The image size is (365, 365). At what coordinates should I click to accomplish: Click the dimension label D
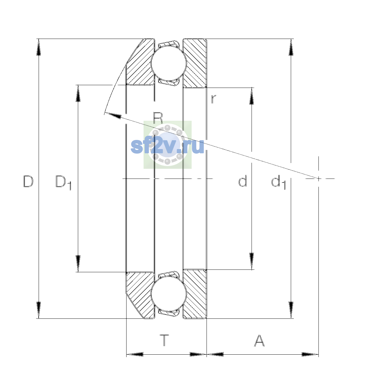(x=28, y=181)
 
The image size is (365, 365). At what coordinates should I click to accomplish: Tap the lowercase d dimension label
(x=242, y=181)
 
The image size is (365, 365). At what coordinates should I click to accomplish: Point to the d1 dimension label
(x=278, y=182)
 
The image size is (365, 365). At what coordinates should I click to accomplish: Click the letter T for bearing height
(x=164, y=340)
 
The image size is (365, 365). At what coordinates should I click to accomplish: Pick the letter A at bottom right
(x=259, y=340)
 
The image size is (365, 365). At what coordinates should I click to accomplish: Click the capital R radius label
(x=158, y=118)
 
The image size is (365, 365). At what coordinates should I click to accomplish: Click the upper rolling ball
(x=169, y=63)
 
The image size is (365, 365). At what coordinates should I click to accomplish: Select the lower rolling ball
(x=169, y=294)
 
